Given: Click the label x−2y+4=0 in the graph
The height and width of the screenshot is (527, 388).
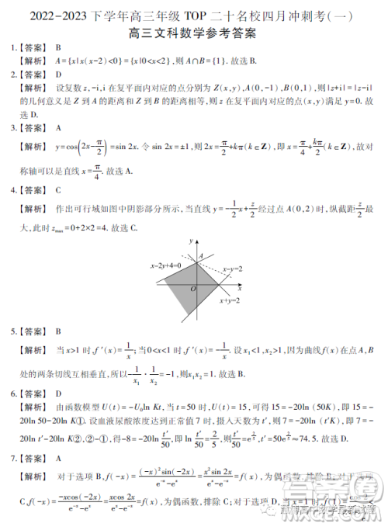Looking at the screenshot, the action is point(165,265).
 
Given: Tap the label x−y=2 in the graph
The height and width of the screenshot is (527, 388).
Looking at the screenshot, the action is point(233,269).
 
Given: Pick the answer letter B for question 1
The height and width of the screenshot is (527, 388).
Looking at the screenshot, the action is point(57,47).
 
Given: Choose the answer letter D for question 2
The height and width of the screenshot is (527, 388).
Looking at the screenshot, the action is point(58,75).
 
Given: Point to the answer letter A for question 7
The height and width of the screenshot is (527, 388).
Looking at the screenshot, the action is point(58,459).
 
